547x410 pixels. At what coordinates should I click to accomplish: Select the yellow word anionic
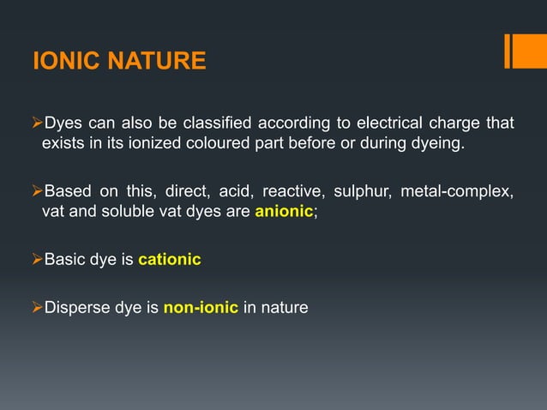(284, 213)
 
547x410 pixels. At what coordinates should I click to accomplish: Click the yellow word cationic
(170, 259)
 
